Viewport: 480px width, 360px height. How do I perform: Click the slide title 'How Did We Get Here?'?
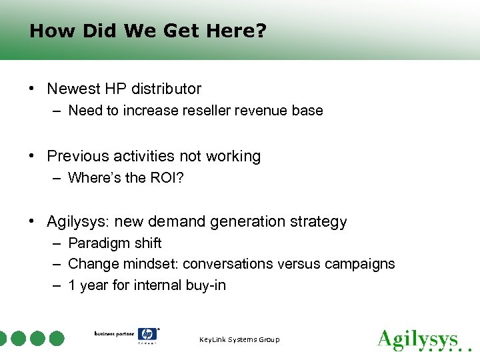(148, 31)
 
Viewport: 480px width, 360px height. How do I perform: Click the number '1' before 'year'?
(72, 285)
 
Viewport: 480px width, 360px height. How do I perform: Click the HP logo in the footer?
(147, 335)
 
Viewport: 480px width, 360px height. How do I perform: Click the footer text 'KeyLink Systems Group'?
(239, 340)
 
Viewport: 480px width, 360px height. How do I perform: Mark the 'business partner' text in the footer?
(114, 333)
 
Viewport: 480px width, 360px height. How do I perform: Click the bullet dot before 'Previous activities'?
(32, 157)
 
